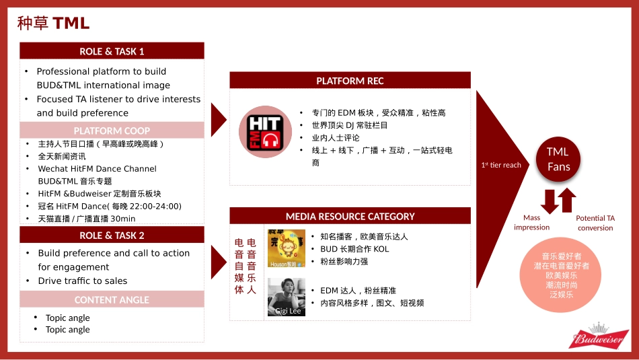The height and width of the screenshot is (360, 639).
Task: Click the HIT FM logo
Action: click(265, 132)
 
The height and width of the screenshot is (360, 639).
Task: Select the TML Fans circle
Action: click(558, 159)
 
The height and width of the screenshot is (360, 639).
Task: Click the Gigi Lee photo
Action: click(287, 297)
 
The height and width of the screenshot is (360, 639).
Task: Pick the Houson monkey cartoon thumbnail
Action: click(287, 248)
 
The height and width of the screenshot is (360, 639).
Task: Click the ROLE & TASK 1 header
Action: click(112, 51)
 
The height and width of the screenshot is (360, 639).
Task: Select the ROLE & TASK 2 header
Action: click(112, 235)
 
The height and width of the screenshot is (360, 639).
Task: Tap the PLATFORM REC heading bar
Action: click(350, 80)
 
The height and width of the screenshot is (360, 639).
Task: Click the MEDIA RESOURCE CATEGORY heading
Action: click(350, 216)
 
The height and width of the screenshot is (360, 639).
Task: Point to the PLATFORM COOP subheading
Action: click(112, 131)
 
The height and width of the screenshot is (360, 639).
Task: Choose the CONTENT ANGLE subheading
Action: click(112, 299)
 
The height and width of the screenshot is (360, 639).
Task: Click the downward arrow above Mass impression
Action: click(550, 201)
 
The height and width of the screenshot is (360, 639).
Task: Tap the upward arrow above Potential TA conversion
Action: click(567, 200)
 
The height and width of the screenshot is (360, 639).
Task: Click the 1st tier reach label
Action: click(501, 165)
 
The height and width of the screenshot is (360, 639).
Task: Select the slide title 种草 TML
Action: click(53, 23)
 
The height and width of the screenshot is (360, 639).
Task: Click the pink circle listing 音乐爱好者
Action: click(561, 275)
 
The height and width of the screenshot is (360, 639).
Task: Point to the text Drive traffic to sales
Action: click(83, 281)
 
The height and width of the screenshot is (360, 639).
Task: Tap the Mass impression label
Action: click(531, 223)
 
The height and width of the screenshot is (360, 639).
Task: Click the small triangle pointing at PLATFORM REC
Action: click(219, 120)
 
